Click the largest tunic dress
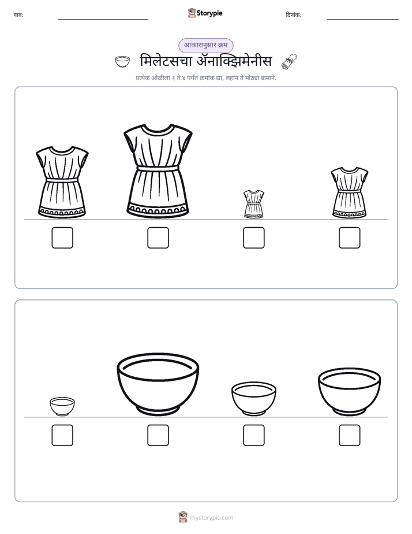click(158, 171)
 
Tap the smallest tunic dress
click(253, 204)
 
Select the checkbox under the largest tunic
click(158, 238)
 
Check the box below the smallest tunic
click(253, 238)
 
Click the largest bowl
click(158, 384)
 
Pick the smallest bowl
click(62, 406)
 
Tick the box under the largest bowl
click(158, 435)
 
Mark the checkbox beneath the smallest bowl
click(62, 435)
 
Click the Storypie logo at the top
click(205, 13)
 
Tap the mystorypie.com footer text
click(211, 518)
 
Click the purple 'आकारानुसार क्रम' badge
click(206, 45)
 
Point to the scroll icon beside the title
click(289, 62)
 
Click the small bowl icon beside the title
click(122, 62)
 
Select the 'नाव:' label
click(18, 15)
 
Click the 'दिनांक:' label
click(294, 15)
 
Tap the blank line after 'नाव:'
click(103, 20)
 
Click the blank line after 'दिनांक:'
click(363, 20)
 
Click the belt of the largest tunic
click(158, 168)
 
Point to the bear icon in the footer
click(183, 517)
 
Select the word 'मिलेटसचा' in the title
click(166, 61)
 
